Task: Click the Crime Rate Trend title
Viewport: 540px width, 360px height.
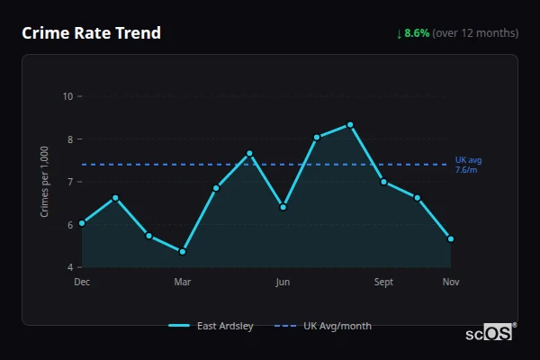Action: click(x=91, y=33)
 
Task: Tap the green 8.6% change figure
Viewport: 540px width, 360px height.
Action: click(x=417, y=33)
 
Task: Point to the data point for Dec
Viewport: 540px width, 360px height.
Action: click(x=82, y=223)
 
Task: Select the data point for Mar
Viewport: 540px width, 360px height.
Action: click(x=183, y=252)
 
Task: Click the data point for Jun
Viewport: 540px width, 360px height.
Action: click(x=283, y=207)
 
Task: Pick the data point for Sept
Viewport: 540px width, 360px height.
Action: click(x=383, y=182)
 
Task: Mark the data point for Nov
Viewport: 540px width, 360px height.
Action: click(x=451, y=239)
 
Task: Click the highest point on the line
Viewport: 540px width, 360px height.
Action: click(x=350, y=124)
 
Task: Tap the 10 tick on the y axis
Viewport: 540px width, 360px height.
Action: click(x=67, y=96)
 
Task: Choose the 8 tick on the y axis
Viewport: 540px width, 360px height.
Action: click(x=69, y=139)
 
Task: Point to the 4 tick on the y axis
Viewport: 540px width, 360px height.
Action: click(x=69, y=267)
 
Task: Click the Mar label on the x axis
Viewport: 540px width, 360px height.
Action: click(x=183, y=283)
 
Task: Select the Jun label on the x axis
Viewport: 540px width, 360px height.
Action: click(x=283, y=283)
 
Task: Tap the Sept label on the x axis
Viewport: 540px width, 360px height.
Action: click(x=383, y=283)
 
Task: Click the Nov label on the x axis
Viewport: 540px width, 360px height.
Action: click(x=451, y=283)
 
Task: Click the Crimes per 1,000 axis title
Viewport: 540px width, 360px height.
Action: click(x=45, y=182)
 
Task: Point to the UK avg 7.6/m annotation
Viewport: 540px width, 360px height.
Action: click(x=468, y=165)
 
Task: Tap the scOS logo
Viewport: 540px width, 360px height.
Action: click(x=490, y=332)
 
